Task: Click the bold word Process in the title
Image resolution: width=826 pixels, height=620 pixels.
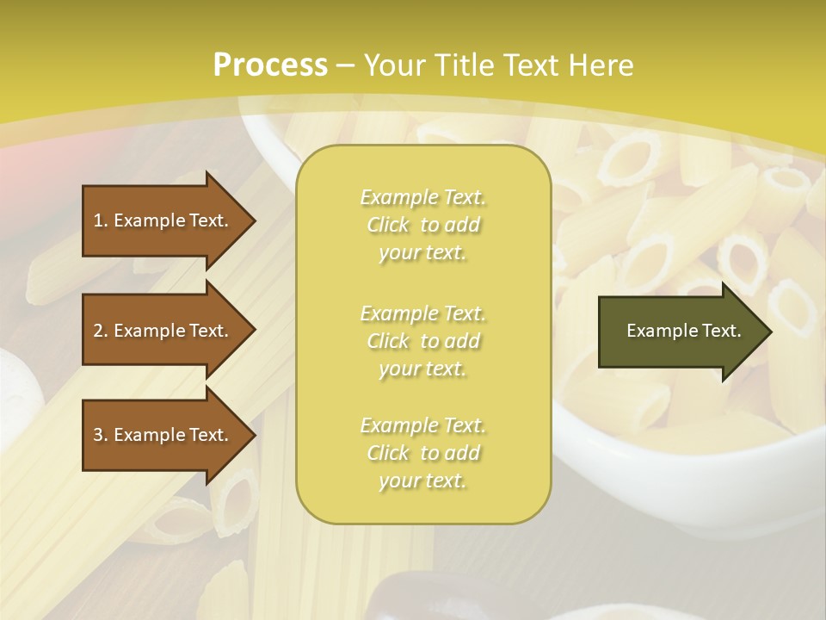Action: (270, 65)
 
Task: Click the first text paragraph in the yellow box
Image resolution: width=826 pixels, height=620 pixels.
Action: (422, 225)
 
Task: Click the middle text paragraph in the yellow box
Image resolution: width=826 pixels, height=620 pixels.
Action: (422, 340)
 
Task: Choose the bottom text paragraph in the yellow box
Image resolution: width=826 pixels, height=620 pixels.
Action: (422, 453)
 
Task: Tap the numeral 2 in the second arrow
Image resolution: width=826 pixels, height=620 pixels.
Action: (98, 331)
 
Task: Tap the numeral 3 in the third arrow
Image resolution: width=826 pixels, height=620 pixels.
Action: (98, 435)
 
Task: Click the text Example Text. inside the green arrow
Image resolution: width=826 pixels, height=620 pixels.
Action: (683, 331)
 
